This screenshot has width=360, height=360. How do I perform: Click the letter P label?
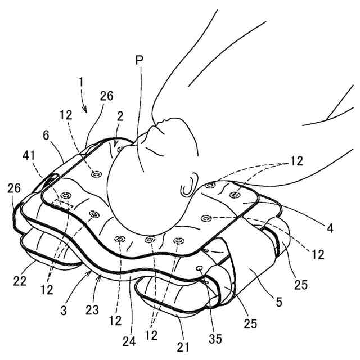click(x=139, y=60)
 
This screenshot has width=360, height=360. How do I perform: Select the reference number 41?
click(x=29, y=156)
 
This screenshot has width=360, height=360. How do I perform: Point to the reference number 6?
click(x=46, y=135)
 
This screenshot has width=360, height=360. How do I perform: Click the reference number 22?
click(x=20, y=281)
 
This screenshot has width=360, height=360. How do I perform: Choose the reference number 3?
click(x=64, y=310)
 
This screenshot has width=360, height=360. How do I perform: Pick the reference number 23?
click(x=92, y=310)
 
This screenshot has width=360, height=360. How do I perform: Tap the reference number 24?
click(x=129, y=341)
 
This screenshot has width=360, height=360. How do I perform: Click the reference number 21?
click(x=183, y=347)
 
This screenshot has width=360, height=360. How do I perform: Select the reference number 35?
click(x=215, y=339)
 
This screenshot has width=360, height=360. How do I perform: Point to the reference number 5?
click(x=279, y=302)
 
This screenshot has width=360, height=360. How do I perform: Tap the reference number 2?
click(x=120, y=116)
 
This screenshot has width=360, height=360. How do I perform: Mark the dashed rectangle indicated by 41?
click(x=62, y=205)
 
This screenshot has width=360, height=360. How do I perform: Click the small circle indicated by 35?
click(x=199, y=268)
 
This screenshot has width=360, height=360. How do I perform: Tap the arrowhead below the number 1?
click(x=85, y=110)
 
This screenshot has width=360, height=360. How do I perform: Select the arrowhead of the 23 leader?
click(x=100, y=277)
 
